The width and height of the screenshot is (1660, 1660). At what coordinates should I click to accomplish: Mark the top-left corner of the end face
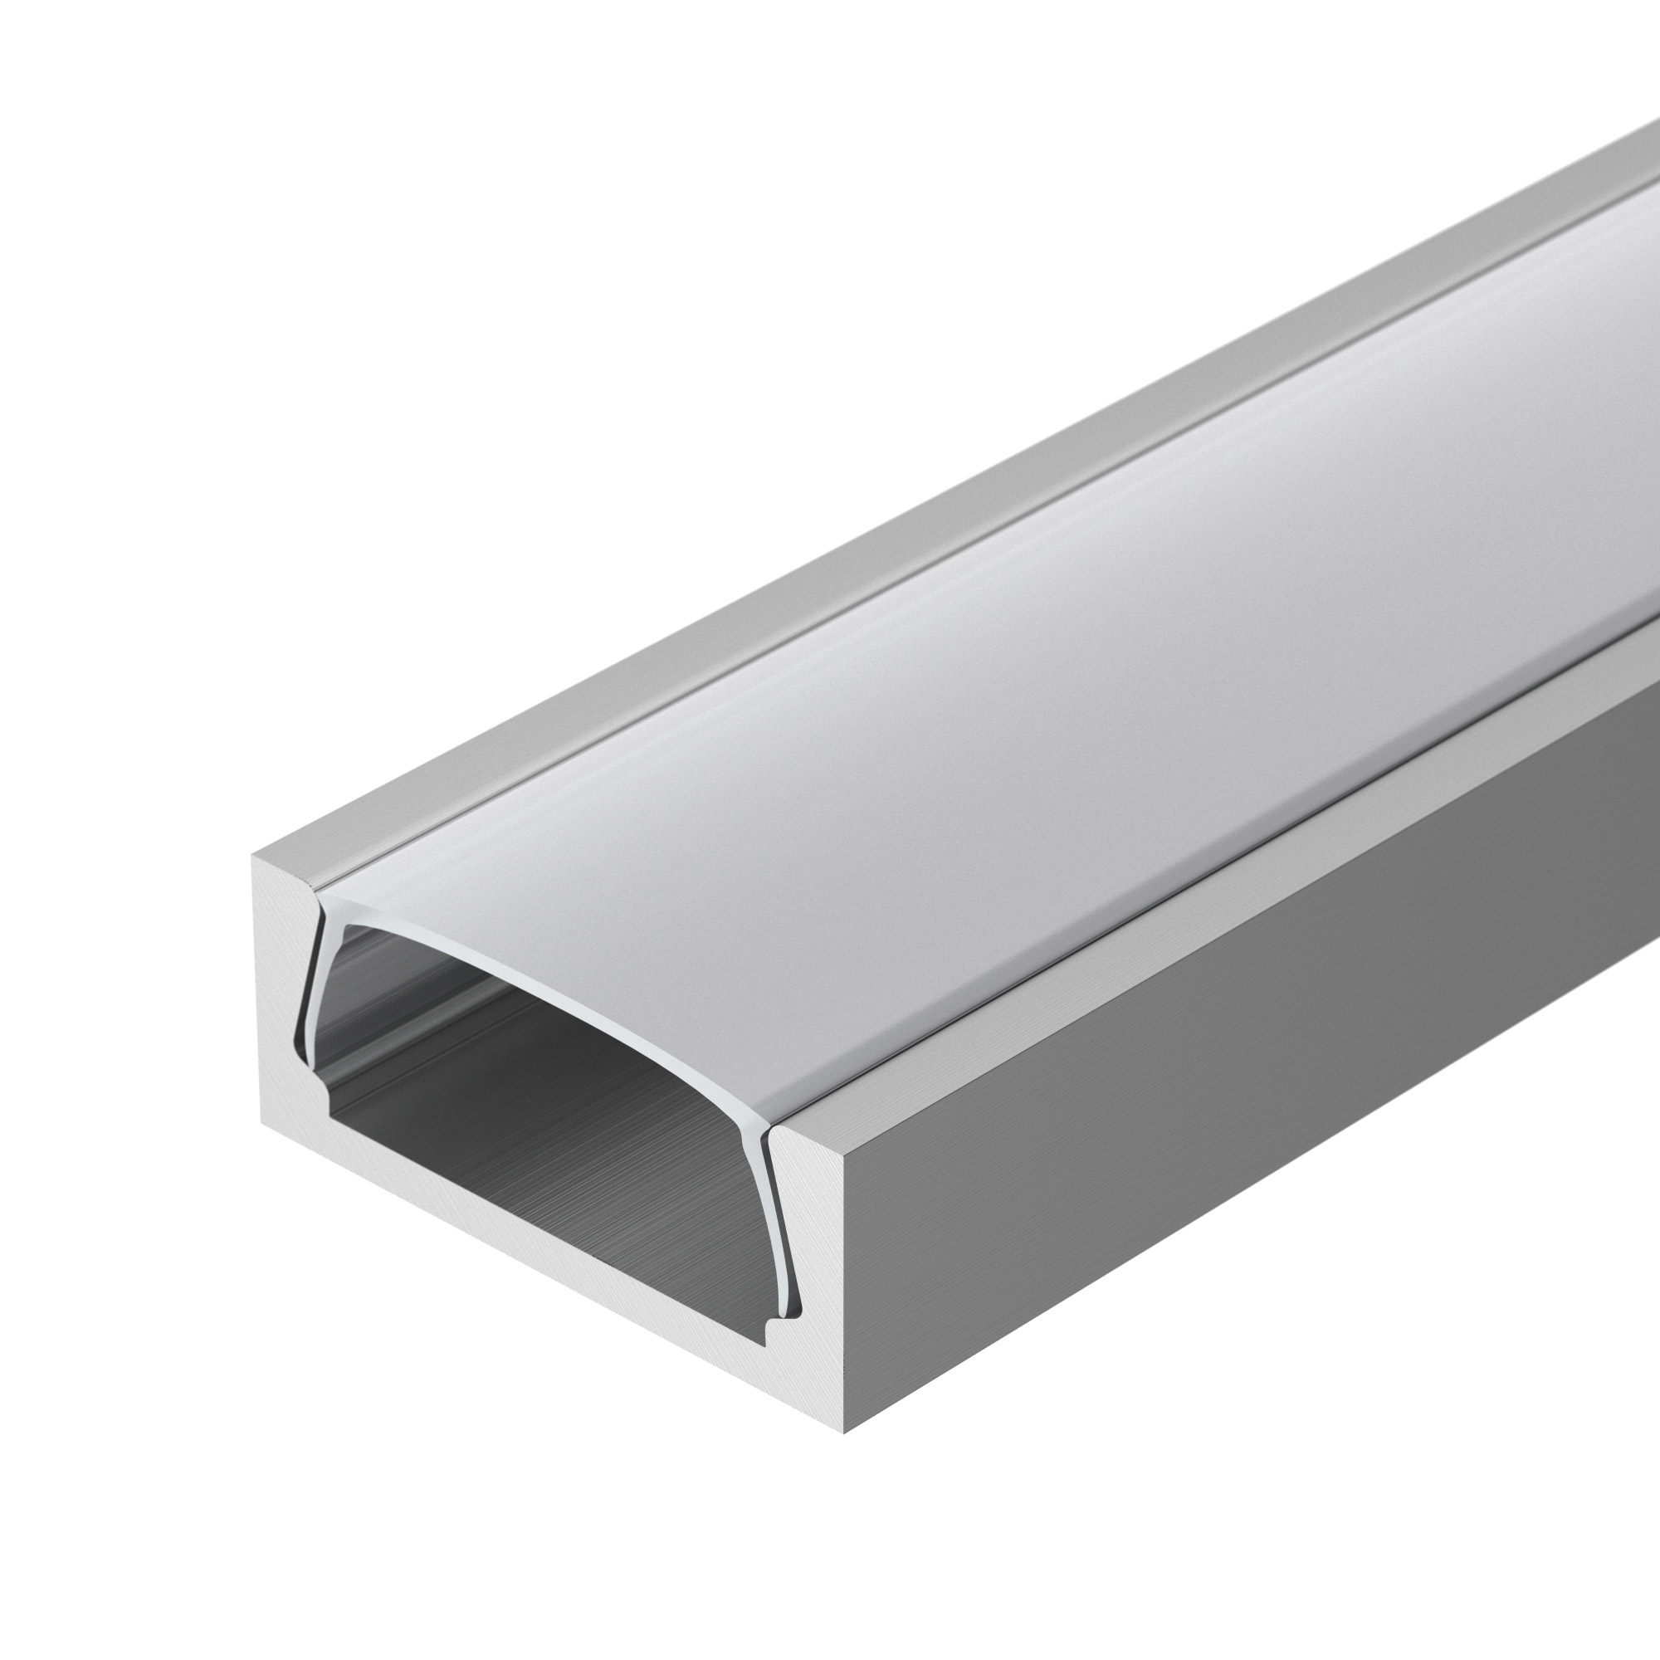252,856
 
